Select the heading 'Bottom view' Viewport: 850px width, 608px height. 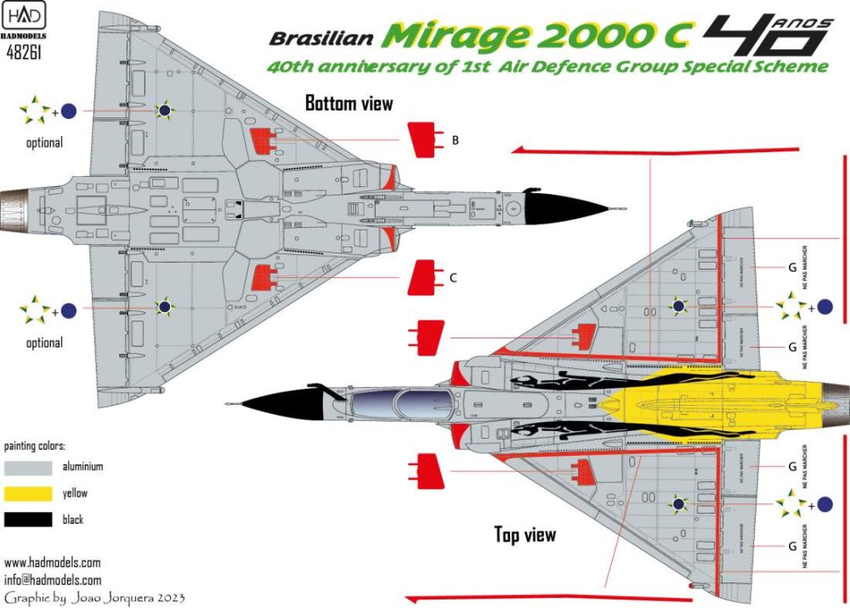click(349, 104)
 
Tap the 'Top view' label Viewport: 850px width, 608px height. click(525, 534)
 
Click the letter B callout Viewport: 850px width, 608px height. click(456, 140)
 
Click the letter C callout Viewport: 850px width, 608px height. click(454, 277)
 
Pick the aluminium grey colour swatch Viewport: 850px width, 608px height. click(28, 467)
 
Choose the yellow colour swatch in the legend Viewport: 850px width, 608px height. click(28, 493)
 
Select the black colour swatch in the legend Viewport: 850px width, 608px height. click(28, 519)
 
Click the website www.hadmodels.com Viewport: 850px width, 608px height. click(52, 562)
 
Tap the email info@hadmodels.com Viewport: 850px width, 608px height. click(52, 579)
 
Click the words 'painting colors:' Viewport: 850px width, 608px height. click(35, 446)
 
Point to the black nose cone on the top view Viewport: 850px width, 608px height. click(272, 404)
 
